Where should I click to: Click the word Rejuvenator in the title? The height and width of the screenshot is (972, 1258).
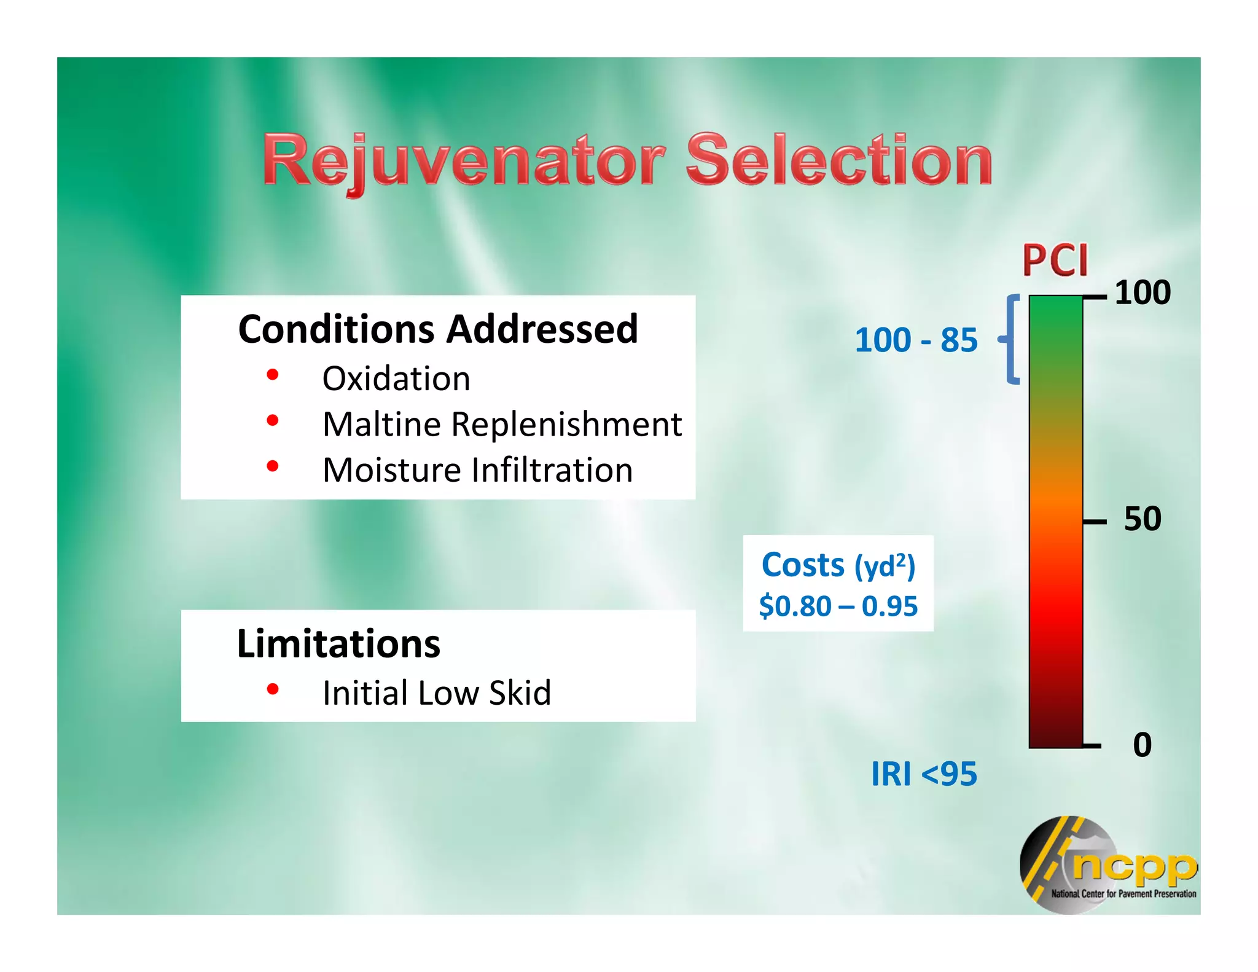pyautogui.click(x=464, y=161)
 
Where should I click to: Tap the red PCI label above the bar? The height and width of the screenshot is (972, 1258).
pyautogui.click(x=1055, y=261)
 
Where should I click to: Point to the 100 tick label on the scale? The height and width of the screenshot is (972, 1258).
pyautogui.click(x=1142, y=292)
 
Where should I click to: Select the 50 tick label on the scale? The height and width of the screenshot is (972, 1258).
pyautogui.click(x=1142, y=519)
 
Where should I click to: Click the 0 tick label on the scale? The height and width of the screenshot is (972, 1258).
pyautogui.click(x=1142, y=745)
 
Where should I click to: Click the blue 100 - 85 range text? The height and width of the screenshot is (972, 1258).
pyautogui.click(x=915, y=340)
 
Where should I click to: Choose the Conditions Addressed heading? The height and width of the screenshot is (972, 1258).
pyautogui.click(x=437, y=329)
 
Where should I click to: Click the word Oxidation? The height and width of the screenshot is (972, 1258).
pyautogui.click(x=396, y=378)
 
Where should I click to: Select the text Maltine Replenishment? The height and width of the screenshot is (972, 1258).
pyautogui.click(x=502, y=424)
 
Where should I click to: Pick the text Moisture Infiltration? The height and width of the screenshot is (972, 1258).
pyautogui.click(x=477, y=470)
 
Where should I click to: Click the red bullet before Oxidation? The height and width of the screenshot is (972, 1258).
pyautogui.click(x=273, y=375)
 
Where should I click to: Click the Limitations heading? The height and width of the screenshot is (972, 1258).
pyautogui.click(x=338, y=644)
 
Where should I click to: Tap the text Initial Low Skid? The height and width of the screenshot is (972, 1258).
pyautogui.click(x=437, y=693)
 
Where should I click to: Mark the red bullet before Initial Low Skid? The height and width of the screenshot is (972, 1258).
pyautogui.click(x=273, y=689)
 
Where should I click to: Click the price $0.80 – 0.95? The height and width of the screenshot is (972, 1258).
pyautogui.click(x=838, y=606)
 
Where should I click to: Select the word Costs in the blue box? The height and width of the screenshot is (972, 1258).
pyautogui.click(x=803, y=565)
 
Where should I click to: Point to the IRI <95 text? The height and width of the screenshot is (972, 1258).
pyautogui.click(x=923, y=774)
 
